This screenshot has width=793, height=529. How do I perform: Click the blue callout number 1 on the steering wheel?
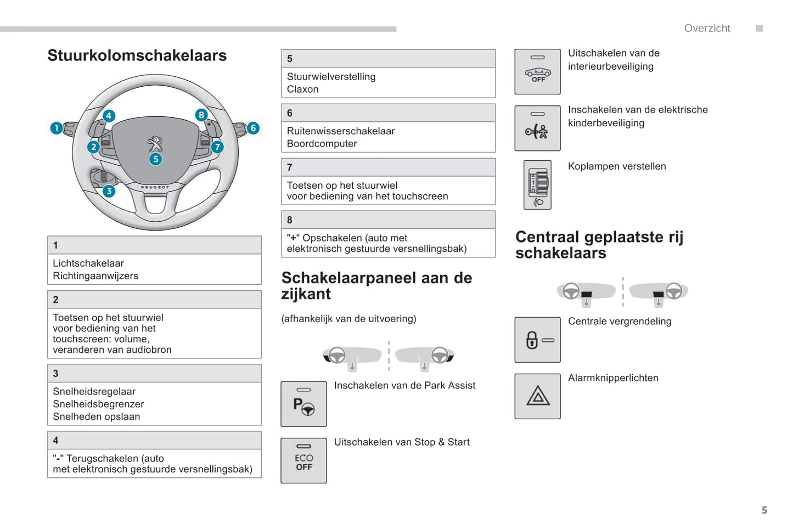click(x=56, y=128)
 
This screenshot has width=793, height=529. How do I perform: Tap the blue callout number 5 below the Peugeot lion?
click(x=156, y=159)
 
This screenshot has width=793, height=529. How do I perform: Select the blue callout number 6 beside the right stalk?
click(x=253, y=128)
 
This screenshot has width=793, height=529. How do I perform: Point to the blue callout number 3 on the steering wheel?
click(x=109, y=191)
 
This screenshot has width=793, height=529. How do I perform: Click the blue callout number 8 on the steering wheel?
click(x=201, y=115)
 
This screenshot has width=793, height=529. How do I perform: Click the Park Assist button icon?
click(x=303, y=404)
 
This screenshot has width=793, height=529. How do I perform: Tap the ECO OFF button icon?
click(x=303, y=461)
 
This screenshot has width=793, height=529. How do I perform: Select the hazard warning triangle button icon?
click(x=538, y=396)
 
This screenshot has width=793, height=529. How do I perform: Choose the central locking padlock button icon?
click(x=538, y=340)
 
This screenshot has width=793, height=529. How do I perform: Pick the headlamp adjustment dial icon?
click(x=538, y=185)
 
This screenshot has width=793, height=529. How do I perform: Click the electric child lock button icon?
click(x=538, y=128)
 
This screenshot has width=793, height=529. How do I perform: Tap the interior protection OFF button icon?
click(x=538, y=72)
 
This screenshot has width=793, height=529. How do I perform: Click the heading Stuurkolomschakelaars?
click(x=137, y=55)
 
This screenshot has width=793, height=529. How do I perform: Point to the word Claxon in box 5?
click(x=302, y=89)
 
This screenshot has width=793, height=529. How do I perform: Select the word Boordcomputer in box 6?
click(x=322, y=144)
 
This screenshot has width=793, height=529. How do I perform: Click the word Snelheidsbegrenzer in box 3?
click(x=98, y=404)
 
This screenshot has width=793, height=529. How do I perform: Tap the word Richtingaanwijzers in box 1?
click(x=95, y=276)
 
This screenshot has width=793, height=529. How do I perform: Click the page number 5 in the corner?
click(x=764, y=510)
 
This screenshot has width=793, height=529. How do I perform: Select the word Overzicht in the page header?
click(x=707, y=29)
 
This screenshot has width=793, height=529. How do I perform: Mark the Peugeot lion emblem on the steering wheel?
click(x=155, y=144)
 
